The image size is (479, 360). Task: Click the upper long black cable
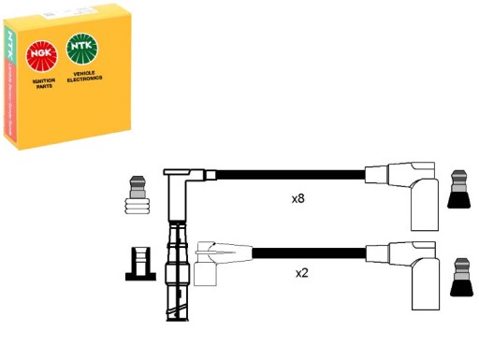pos(290,173)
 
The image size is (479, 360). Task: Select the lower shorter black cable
pos(309,252)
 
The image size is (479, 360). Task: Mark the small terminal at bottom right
pos(458,278)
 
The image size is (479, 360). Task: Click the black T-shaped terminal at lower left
pos(138,263)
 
